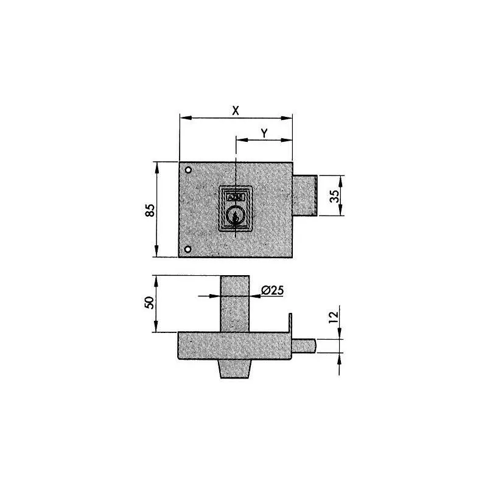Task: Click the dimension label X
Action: pyautogui.click(x=235, y=110)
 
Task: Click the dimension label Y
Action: pyautogui.click(x=263, y=132)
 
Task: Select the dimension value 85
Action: pyautogui.click(x=150, y=209)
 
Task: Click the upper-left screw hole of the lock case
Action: pyautogui.click(x=188, y=169)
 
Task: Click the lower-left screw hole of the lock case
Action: pyautogui.click(x=188, y=248)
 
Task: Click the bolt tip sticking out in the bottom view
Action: pyautogui.click(x=306, y=346)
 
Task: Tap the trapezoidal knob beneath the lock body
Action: pyautogui.click(x=234, y=369)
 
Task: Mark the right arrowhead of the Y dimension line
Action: pyautogui.click(x=289, y=141)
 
